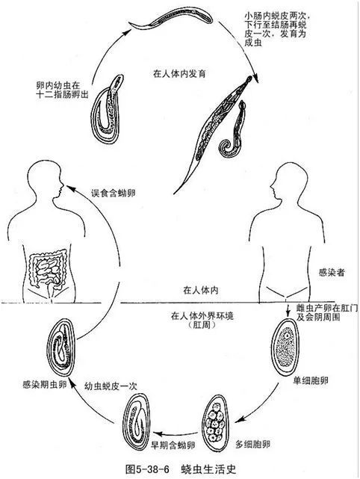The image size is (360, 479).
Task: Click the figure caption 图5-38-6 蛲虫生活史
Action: (179, 469)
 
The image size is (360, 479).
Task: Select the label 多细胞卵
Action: (252, 442)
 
